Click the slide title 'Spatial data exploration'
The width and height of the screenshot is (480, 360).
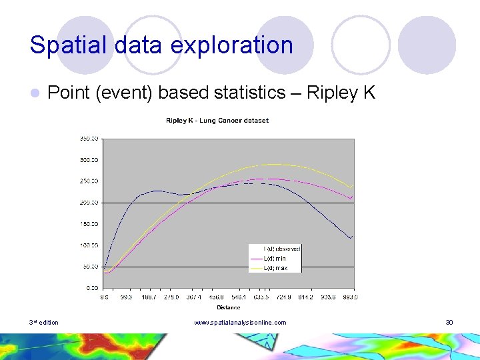coord(161,45)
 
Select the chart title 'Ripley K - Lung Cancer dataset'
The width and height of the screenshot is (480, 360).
coord(217,121)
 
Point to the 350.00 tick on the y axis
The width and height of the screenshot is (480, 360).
coord(89,139)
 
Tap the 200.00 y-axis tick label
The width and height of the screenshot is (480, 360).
coord(89,202)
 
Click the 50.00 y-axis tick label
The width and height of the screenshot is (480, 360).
coord(91,267)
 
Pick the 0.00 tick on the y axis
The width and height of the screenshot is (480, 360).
coord(92,287)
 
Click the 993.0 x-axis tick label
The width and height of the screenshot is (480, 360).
coord(350,297)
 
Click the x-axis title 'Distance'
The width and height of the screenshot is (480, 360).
coord(228,307)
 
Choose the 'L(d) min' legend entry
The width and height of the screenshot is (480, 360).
coord(275,258)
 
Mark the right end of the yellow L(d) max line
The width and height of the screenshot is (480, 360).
coord(351,187)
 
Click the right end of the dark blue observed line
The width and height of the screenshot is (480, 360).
coord(351,237)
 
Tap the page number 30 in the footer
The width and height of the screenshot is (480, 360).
coord(449,323)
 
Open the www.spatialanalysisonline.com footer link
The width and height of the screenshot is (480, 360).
coord(240,323)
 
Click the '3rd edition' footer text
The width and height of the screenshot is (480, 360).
coord(43,323)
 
